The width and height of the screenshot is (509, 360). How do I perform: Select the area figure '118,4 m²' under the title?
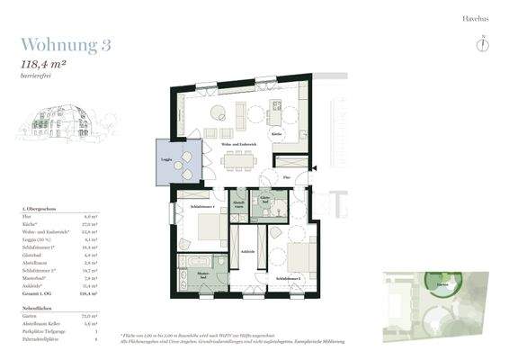pyautogui.click(x=47, y=64)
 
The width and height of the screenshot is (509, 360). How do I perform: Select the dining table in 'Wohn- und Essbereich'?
pyautogui.click(x=238, y=159)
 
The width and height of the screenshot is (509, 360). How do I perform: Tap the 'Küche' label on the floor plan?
pyautogui.click(x=277, y=132)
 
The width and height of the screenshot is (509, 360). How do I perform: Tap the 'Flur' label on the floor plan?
pyautogui.click(x=286, y=177)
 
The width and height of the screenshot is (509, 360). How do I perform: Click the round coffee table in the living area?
pyautogui.click(x=219, y=112)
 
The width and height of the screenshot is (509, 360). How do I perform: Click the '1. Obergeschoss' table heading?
pyautogui.click(x=38, y=209)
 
